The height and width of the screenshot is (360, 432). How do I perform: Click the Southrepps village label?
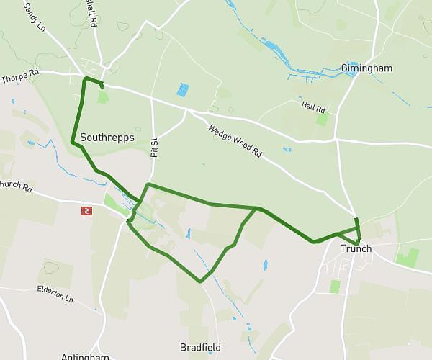point(107,137)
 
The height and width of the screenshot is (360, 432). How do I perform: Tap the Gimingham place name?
point(366,68)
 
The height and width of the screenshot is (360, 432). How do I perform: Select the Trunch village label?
point(356,249)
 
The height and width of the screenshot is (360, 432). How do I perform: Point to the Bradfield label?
point(200,347)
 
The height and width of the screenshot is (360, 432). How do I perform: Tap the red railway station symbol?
point(85,211)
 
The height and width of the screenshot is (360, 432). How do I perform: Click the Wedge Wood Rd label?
point(235,141)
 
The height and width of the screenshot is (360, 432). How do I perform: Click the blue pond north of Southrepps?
point(183,90)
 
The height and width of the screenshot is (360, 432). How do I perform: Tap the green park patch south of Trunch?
point(334,286)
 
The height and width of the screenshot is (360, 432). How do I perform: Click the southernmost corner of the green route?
point(200,282)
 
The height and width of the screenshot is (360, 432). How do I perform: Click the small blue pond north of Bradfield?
point(264,264)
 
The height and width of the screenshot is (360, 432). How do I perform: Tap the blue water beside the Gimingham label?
point(352,70)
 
